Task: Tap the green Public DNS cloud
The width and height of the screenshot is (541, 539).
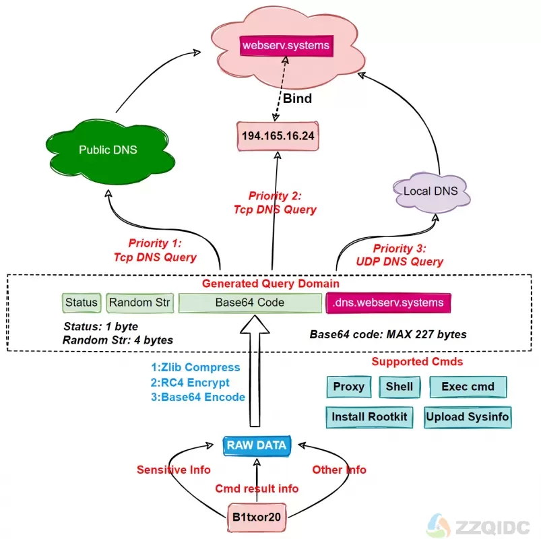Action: pos(108,150)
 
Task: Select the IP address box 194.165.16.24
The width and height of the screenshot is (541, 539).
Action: pos(277,135)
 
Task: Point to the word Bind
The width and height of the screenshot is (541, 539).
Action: pos(296,98)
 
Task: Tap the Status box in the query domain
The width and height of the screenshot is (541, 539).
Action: pos(82,303)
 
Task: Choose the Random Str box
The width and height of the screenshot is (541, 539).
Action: pos(139,303)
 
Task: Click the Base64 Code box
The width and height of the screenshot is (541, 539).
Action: pos(250,303)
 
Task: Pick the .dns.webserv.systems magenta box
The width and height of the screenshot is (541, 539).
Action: pos(388,303)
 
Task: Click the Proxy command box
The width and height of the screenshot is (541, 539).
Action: pos(348,387)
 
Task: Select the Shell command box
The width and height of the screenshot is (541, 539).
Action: pos(400,387)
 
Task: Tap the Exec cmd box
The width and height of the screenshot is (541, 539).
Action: pos(468,387)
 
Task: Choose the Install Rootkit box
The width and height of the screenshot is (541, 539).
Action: pos(369,417)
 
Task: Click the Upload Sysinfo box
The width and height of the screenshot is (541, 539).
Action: pos(468,417)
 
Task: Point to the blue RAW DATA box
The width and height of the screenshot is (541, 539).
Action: pos(256,445)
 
